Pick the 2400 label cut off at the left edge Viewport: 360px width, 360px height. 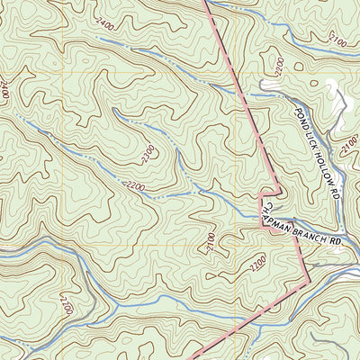coord(4,88)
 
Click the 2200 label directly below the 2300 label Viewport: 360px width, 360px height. coord(135,185)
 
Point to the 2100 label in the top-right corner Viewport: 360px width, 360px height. coord(337,40)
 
